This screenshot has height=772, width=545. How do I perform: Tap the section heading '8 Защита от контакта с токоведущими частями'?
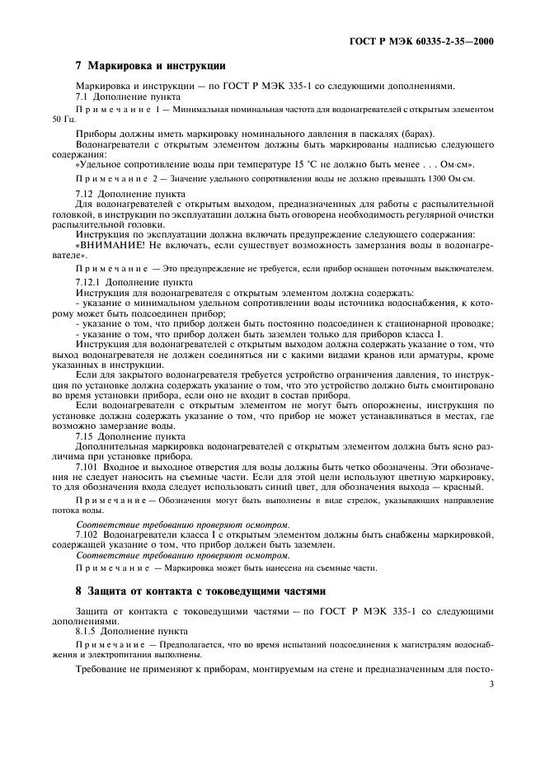(201, 591)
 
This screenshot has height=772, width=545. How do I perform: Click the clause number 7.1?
(83, 97)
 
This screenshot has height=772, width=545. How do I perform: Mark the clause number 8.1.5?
(87, 628)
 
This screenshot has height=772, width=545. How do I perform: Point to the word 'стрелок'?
(342, 501)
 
